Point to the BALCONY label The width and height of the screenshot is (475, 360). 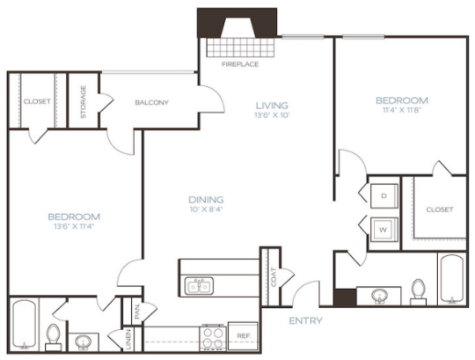[152, 103]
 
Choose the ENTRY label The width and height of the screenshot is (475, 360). [305, 320]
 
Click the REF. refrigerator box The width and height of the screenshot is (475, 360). [244, 335]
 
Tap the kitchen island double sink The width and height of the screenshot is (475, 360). [200, 284]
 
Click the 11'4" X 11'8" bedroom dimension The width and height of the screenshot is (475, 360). [401, 111]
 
